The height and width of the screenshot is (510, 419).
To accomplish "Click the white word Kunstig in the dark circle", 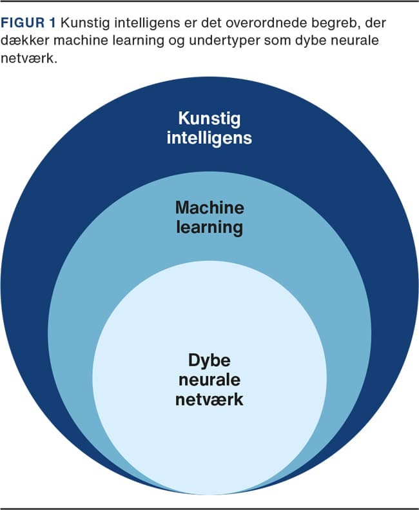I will tap(209, 119).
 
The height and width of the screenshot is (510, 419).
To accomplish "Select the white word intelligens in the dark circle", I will tap(209, 137).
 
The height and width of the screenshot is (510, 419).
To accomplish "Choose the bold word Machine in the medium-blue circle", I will tap(209, 208).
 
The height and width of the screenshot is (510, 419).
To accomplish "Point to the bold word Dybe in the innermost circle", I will tap(209, 360).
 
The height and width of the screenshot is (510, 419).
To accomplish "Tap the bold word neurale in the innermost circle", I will tap(209, 379).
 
